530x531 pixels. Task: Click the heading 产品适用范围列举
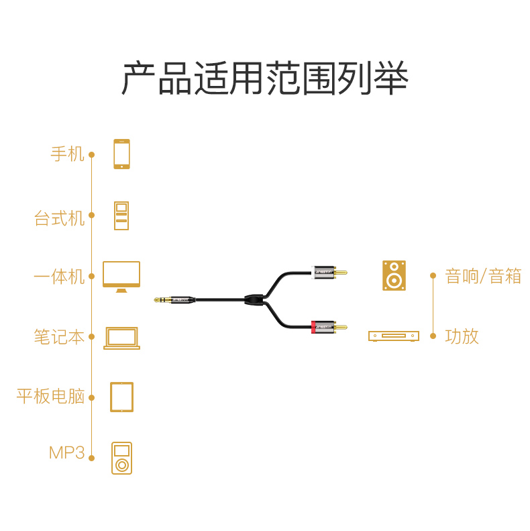[x=265, y=79]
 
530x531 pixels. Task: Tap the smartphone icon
[x=121, y=154]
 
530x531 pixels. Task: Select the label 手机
[x=68, y=154]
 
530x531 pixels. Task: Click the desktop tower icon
[x=121, y=215]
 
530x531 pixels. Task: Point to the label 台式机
[x=60, y=218]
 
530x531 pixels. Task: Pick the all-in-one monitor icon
[x=121, y=276]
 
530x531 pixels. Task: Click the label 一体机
[x=60, y=277]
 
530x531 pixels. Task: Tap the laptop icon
[x=121, y=338]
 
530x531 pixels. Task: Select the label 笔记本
[x=60, y=337]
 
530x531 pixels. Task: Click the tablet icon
[x=121, y=397]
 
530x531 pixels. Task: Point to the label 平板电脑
[x=51, y=396]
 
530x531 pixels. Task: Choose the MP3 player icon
[x=121, y=458]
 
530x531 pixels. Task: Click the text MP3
[x=67, y=453]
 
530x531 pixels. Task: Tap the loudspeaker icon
[x=394, y=275]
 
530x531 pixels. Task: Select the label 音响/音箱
[x=483, y=276]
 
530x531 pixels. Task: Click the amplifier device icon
[x=394, y=336]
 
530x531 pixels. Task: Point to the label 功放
[x=462, y=336]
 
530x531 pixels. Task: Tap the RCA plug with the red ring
[x=329, y=328]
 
